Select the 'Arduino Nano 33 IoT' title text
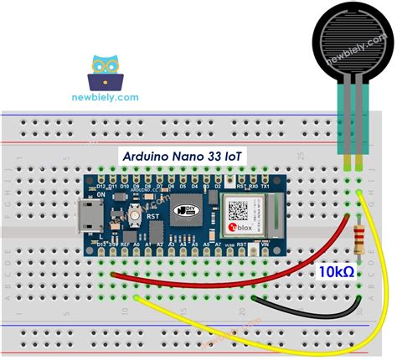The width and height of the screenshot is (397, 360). (179, 156)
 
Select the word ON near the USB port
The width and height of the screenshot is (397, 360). (101, 194)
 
